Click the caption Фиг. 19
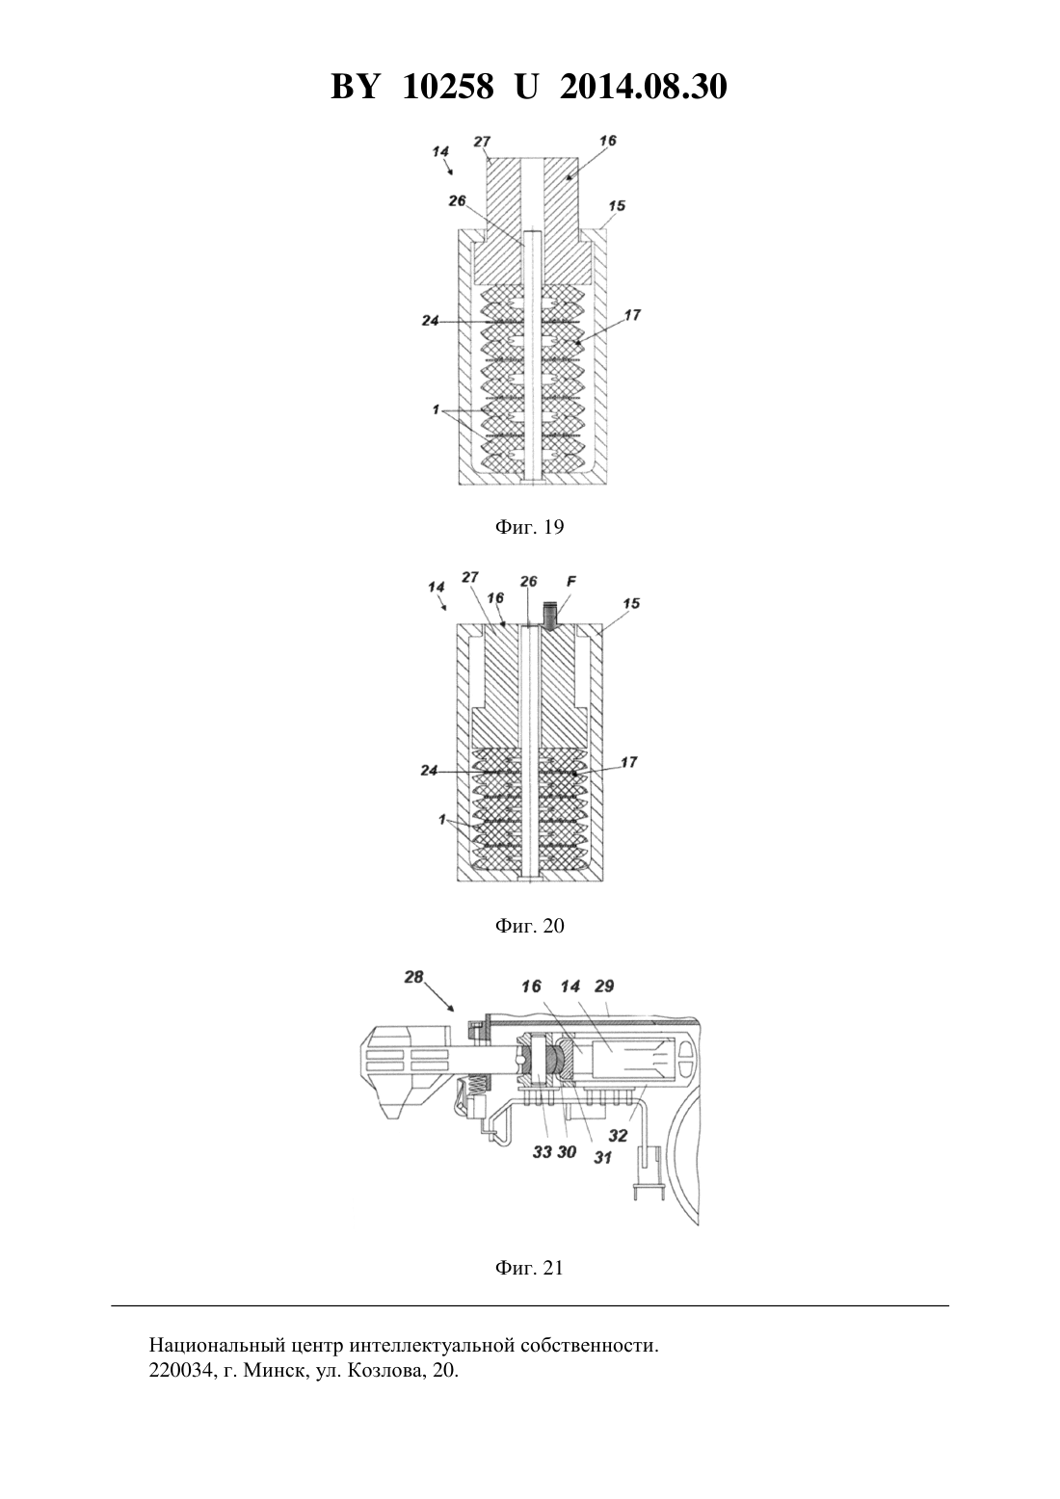click(x=529, y=527)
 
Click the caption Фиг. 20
click(x=529, y=926)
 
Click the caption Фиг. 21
click(x=529, y=1268)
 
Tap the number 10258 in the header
click(x=448, y=87)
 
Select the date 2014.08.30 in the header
click(x=643, y=87)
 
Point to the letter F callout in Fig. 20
click(x=570, y=582)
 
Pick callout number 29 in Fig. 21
click(x=603, y=986)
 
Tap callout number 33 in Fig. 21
click(x=543, y=1151)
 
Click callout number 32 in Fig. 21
click(x=618, y=1135)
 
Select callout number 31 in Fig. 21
click(x=603, y=1157)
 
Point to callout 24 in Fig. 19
click(x=430, y=321)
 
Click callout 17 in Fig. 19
click(x=632, y=314)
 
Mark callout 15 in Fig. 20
click(x=631, y=603)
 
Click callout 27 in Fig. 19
click(x=482, y=142)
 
